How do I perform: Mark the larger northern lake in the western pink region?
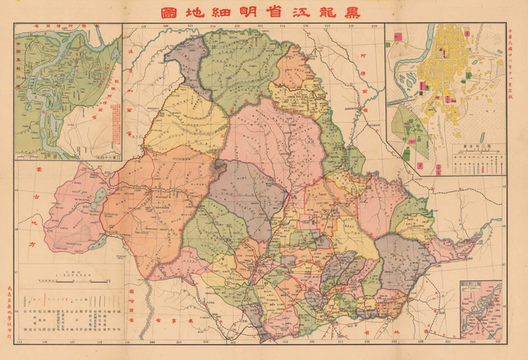point(100,196)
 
